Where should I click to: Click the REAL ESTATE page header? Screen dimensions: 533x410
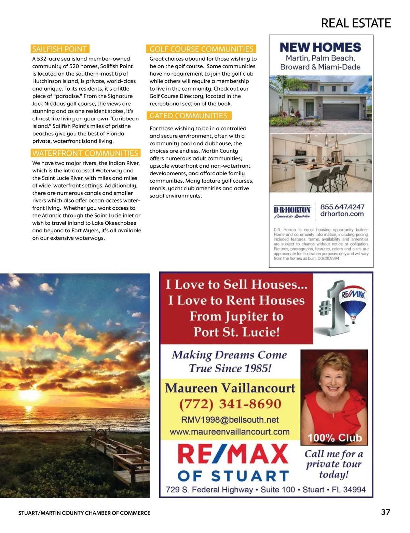pyautogui.click(x=356, y=23)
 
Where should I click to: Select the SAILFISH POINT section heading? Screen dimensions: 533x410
pyautogui.click(x=59, y=49)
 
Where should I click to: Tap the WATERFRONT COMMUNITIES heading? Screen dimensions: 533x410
pyautogui.click(x=85, y=153)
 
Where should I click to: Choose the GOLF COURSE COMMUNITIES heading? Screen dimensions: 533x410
pyautogui.click(x=201, y=49)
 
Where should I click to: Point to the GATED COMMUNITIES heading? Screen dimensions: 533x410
pyautogui.click(x=188, y=116)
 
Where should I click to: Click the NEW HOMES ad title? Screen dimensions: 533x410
pyautogui.click(x=320, y=47)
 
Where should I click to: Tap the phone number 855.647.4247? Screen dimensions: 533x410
pyautogui.click(x=342, y=207)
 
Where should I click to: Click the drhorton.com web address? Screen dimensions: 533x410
pyautogui.click(x=342, y=214)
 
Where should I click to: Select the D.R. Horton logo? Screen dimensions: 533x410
pyautogui.click(x=292, y=212)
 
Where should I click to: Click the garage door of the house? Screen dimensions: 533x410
pyautogui.click(x=341, y=111)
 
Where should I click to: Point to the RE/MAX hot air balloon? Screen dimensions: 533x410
pyautogui.click(x=352, y=301)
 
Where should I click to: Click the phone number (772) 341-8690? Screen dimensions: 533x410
pyautogui.click(x=230, y=404)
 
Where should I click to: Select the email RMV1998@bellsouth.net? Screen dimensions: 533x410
pyautogui.click(x=230, y=420)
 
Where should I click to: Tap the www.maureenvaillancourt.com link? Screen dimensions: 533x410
pyautogui.click(x=230, y=432)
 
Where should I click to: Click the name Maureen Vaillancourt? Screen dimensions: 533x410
pyautogui.click(x=230, y=388)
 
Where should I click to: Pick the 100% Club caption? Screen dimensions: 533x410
pyautogui.click(x=334, y=438)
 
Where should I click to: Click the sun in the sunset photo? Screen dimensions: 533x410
pyautogui.click(x=28, y=408)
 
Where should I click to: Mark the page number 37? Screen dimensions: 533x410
pyautogui.click(x=385, y=512)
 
